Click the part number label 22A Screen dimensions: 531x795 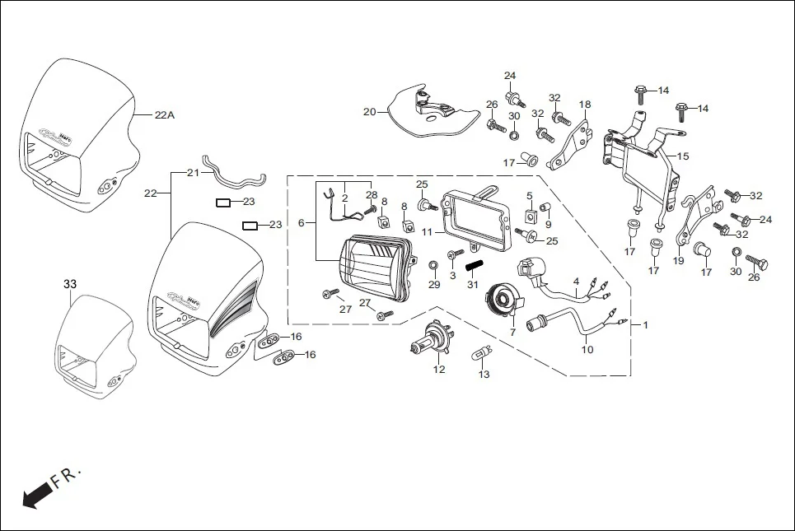click(x=165, y=116)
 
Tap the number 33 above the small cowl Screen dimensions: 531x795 click(x=70, y=284)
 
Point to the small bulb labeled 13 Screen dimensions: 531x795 click(x=480, y=354)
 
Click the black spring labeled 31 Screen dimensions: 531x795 click(x=473, y=267)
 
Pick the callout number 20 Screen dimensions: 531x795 click(x=369, y=111)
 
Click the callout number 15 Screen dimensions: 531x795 click(x=683, y=156)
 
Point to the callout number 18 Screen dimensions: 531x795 click(x=585, y=105)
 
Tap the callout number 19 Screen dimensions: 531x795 click(x=679, y=261)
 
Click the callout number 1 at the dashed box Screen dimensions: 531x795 click(x=645, y=325)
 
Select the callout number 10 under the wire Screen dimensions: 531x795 click(x=587, y=350)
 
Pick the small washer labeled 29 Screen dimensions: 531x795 click(x=434, y=266)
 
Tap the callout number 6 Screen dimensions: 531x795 click(x=302, y=223)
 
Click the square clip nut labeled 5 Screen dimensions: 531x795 click(x=531, y=216)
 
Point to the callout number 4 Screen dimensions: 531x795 click(x=576, y=282)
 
